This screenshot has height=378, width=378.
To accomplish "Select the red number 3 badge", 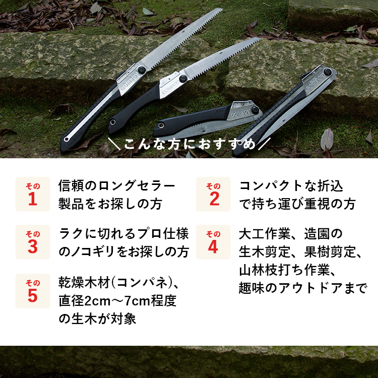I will point(33,242).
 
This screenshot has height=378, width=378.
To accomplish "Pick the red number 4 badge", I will point(213,242).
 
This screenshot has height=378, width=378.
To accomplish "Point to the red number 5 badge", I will point(33,291).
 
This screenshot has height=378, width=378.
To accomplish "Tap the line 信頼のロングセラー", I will point(117,186).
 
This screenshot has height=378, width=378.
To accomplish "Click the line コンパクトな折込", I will point(291,186).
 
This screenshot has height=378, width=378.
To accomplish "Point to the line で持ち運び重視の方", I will point(297,205).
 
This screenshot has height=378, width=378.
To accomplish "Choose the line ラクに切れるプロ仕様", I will point(124,234).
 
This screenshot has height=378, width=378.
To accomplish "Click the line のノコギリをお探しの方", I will point(124,252).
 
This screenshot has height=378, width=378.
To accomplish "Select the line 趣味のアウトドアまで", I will point(303,288).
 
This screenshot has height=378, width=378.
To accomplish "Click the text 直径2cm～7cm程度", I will point(117,301).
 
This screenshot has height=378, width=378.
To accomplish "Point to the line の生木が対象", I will point(98,319).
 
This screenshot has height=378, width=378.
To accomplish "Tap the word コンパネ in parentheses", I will point(144,283).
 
